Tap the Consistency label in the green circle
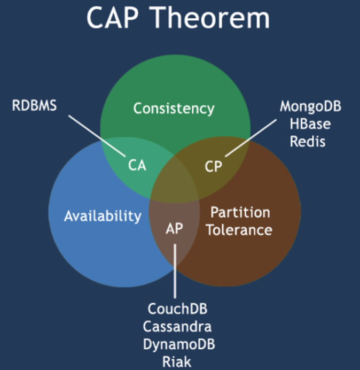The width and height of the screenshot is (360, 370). tap(174, 109)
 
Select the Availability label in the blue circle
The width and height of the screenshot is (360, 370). tap(103, 216)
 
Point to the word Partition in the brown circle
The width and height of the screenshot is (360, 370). tap(240, 212)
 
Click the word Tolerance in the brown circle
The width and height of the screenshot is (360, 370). tap(239, 230)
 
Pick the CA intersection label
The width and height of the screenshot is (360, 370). tap(137, 165)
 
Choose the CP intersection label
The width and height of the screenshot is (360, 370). tap(213, 166)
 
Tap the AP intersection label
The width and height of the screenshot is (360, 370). tap(175, 228)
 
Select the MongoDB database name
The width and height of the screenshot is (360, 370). tap(310, 106)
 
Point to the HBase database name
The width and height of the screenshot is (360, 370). tap(310, 124)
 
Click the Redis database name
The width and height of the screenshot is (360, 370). tap(308, 142)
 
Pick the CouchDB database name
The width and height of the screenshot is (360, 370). tap(177, 309)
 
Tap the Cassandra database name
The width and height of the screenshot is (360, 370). tap(177, 326)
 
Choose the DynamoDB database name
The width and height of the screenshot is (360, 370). tap(179, 344)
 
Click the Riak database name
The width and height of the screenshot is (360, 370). tap(177, 361)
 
